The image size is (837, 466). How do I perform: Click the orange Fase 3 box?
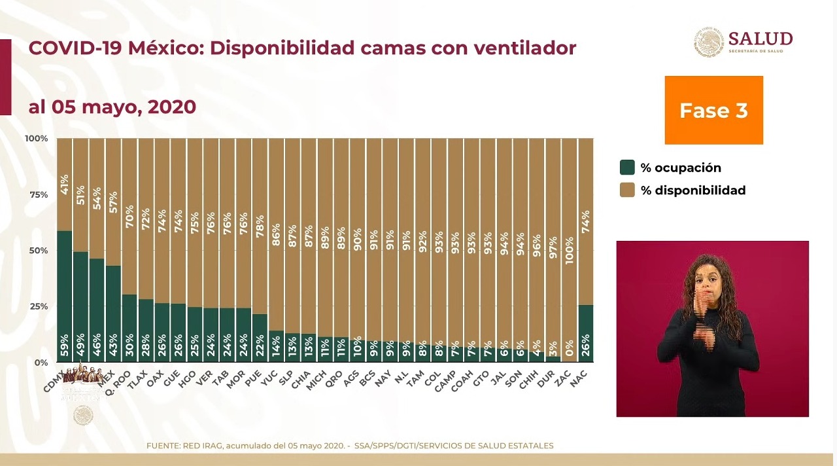[x=713, y=110]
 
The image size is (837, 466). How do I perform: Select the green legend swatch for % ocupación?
[x=627, y=168]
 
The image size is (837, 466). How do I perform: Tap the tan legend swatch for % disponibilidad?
[x=627, y=190]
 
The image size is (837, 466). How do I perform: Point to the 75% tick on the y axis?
[x=37, y=194]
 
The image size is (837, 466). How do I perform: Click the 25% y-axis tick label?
[x=37, y=306]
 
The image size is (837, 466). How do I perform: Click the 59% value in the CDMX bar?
[x=64, y=346]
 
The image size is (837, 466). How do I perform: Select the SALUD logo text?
[x=760, y=39]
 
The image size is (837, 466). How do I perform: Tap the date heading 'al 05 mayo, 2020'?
[x=112, y=107]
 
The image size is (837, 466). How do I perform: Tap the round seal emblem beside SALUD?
[x=708, y=42]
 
